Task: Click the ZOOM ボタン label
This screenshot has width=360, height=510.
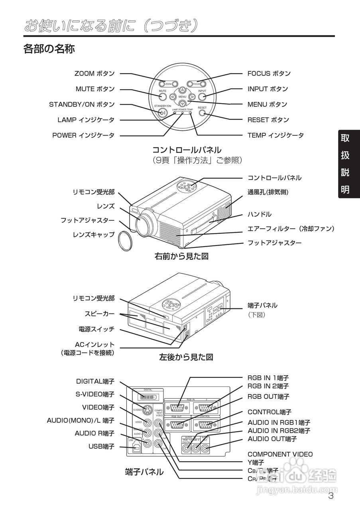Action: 94,73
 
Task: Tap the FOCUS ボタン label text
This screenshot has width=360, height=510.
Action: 269,73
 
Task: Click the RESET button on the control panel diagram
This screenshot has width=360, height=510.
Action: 202,112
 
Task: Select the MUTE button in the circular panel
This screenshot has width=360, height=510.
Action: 162,96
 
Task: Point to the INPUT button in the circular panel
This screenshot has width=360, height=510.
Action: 202,96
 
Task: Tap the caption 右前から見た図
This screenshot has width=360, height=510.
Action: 181,256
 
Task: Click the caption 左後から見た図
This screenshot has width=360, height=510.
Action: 186,357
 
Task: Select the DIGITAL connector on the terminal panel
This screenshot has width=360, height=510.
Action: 148,397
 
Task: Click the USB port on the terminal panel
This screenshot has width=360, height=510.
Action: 136,447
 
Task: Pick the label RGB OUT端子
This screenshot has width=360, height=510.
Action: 269,396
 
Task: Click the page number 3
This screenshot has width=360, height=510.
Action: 330,496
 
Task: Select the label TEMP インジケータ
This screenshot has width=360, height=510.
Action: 275,135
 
